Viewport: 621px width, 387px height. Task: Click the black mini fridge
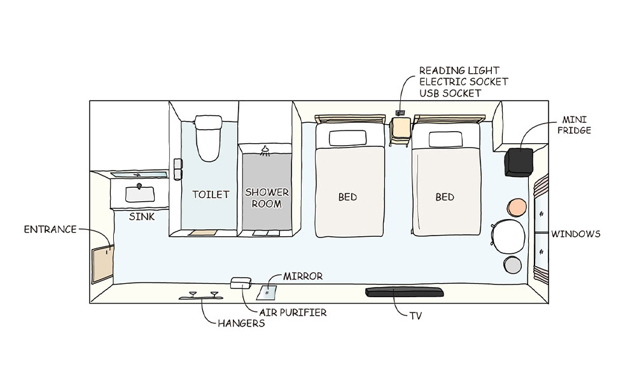click(519, 162)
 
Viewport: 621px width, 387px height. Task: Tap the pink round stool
click(517, 207)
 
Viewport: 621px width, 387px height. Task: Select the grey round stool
click(512, 265)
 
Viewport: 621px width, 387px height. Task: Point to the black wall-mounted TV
click(403, 292)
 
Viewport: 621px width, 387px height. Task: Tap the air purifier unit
click(241, 283)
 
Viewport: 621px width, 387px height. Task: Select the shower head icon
click(266, 151)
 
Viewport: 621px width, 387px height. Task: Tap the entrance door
click(102, 264)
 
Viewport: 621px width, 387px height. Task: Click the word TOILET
click(211, 194)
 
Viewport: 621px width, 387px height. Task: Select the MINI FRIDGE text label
click(576, 125)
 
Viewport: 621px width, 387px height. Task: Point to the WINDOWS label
click(575, 234)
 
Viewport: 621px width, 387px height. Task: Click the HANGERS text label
click(241, 323)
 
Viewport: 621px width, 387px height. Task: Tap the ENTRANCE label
click(51, 229)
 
